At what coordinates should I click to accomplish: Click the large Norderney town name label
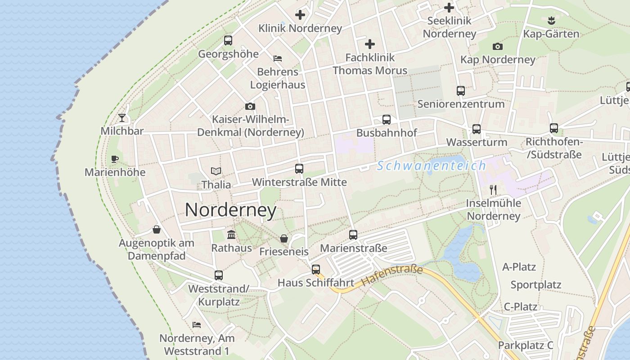pyautogui.click(x=230, y=210)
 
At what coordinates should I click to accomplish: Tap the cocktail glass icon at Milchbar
pyautogui.click(x=122, y=118)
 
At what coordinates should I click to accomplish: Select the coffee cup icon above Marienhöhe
pyautogui.click(x=115, y=159)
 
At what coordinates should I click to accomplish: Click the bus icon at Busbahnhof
pyautogui.click(x=387, y=120)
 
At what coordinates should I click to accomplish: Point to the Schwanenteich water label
pyautogui.click(x=432, y=166)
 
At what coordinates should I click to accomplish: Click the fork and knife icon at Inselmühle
pyautogui.click(x=493, y=190)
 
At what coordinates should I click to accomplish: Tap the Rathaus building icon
pyautogui.click(x=232, y=234)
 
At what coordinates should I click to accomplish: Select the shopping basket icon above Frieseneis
pyautogui.click(x=284, y=238)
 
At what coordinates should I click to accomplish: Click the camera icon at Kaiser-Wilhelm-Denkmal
pyautogui.click(x=250, y=107)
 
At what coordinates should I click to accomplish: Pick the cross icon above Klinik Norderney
pyautogui.click(x=300, y=15)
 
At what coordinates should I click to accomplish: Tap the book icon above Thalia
pyautogui.click(x=216, y=171)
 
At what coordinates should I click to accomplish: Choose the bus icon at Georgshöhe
pyautogui.click(x=228, y=40)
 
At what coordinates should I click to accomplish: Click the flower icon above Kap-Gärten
pyautogui.click(x=551, y=20)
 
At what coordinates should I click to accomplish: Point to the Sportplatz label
pyautogui.click(x=535, y=285)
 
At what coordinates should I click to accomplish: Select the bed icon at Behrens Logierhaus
pyautogui.click(x=278, y=58)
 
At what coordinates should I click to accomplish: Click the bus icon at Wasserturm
pyautogui.click(x=477, y=129)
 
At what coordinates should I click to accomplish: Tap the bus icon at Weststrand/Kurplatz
pyautogui.click(x=219, y=275)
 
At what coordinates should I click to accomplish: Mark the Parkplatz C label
pyautogui.click(x=525, y=345)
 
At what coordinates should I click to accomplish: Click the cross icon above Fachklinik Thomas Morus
pyautogui.click(x=370, y=44)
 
